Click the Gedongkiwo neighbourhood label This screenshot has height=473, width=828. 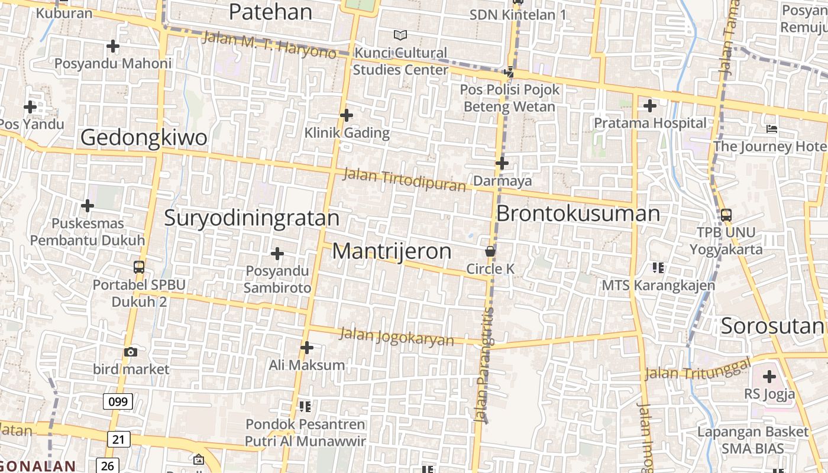[x=144, y=138]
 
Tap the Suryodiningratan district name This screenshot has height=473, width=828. [x=251, y=218]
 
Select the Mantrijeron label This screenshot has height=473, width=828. [x=392, y=251]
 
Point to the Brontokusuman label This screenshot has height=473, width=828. [x=578, y=213]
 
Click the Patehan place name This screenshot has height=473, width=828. [x=270, y=12]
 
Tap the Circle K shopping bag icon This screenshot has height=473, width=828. [x=490, y=251]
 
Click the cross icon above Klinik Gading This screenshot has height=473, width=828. [x=347, y=115]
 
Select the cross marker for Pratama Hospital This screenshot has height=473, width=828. [x=650, y=106]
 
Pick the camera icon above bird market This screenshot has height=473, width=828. [x=131, y=352]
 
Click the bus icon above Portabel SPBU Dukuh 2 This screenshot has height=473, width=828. [x=139, y=267]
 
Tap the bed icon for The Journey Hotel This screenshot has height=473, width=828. [x=771, y=129]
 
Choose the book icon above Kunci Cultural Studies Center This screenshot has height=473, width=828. [x=400, y=35]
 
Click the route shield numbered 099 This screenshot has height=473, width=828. [x=118, y=402]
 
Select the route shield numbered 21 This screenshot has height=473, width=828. [x=119, y=439]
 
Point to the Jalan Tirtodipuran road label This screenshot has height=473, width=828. [x=405, y=179]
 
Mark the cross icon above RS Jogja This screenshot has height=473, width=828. [x=769, y=376]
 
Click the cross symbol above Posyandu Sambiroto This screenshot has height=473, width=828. [x=277, y=254]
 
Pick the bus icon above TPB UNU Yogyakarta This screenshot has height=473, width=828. [x=726, y=215]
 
